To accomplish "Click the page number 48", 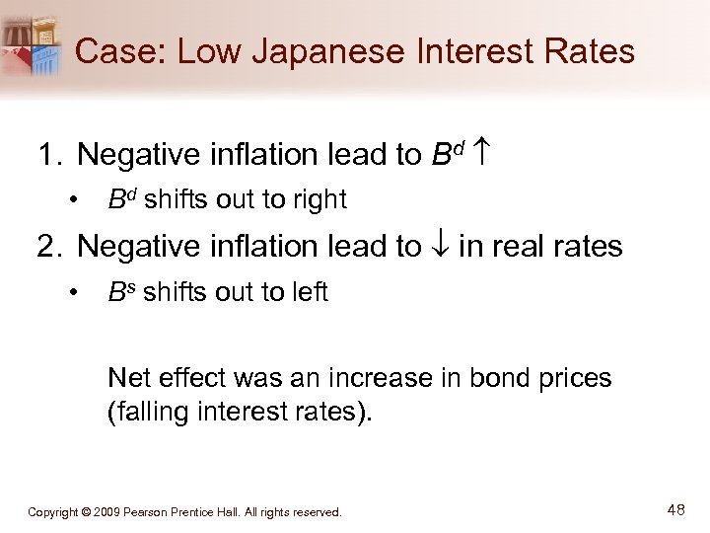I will [676, 510].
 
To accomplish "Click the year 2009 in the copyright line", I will [112, 512].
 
